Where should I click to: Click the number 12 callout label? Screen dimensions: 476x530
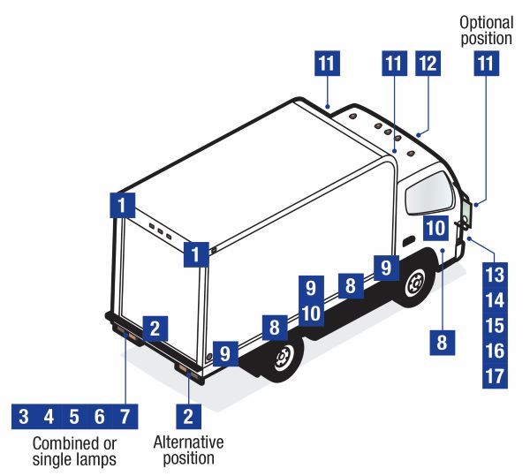click(428, 64)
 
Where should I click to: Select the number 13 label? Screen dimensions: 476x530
click(495, 273)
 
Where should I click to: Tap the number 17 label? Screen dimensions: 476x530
click(495, 376)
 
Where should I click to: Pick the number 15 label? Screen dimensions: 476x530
click(495, 325)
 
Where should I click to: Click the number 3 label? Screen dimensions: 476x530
click(24, 416)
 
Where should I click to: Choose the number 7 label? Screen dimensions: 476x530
click(125, 416)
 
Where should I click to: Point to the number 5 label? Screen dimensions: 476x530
click(75, 416)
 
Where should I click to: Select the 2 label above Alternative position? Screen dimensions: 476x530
click(187, 415)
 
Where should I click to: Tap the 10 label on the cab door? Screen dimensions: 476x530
click(435, 227)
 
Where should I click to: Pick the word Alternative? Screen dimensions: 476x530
click(188, 442)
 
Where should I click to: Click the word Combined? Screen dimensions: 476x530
click(61, 442)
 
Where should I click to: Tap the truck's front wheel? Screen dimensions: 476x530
click(413, 285)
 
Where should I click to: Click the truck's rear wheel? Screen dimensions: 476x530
click(283, 359)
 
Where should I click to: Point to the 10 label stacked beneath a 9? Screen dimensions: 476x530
click(310, 313)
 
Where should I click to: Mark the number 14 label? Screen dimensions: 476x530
click(495, 299)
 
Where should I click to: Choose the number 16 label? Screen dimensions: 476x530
click(495, 351)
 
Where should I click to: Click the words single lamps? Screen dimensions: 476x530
click(74, 459)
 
